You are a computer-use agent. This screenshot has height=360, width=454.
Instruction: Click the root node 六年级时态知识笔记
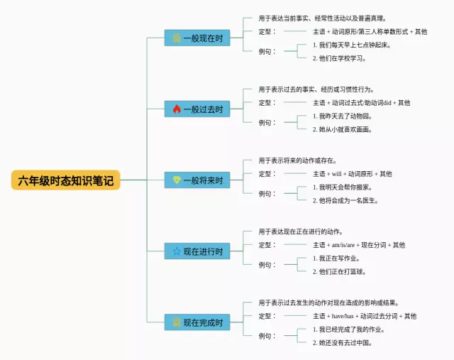click(x=65, y=180)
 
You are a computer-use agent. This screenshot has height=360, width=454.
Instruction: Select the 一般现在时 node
click(x=197, y=38)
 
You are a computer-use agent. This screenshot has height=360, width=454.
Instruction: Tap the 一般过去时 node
click(x=197, y=109)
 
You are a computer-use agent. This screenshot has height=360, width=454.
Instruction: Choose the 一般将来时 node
click(x=197, y=180)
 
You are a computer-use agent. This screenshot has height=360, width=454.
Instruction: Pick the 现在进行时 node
click(x=197, y=251)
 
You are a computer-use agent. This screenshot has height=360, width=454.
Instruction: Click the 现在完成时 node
click(x=197, y=322)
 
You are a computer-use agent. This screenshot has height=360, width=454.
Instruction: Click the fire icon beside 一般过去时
click(x=177, y=109)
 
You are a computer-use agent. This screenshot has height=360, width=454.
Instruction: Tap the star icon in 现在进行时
click(x=177, y=251)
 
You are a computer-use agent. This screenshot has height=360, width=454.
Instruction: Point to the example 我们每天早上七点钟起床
click(x=351, y=45)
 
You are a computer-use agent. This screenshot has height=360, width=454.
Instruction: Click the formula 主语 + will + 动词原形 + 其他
click(x=352, y=173)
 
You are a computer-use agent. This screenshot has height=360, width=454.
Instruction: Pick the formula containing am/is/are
click(x=359, y=245)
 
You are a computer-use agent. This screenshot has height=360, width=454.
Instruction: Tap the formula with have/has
click(x=365, y=316)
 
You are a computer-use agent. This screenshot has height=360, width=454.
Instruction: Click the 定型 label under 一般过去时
click(x=266, y=102)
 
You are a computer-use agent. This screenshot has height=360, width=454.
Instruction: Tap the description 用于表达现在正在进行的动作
click(x=301, y=231)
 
